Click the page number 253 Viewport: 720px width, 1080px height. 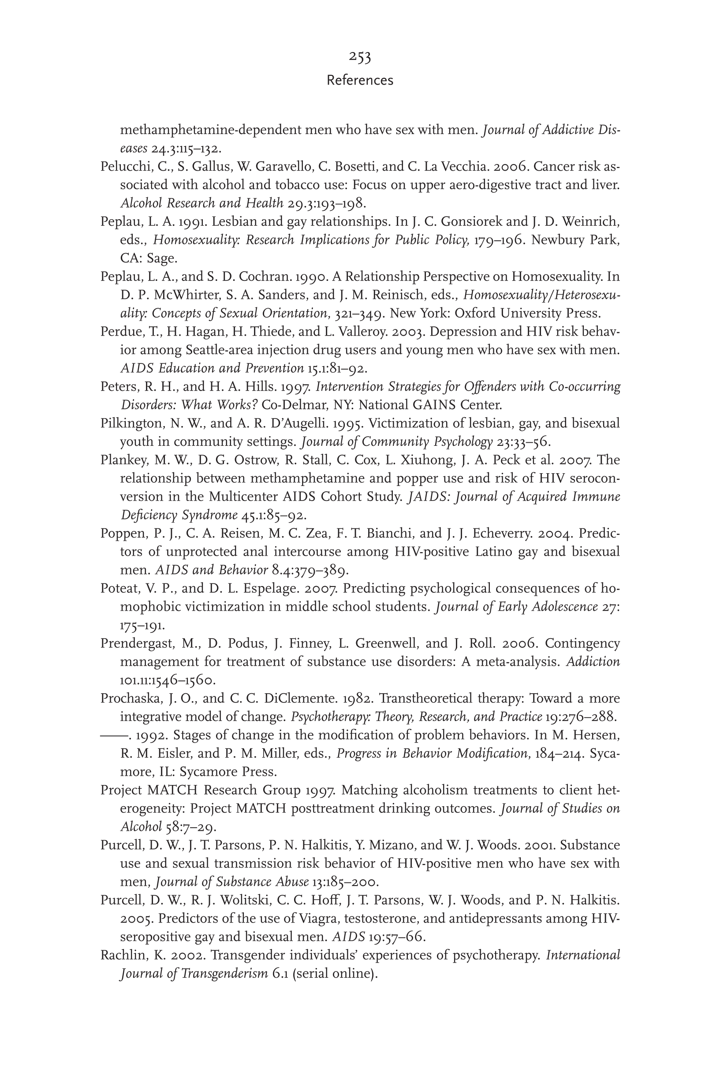[x=359, y=57]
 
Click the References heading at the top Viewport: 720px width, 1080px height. [x=359, y=80]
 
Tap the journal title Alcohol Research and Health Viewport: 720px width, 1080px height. [x=201, y=203]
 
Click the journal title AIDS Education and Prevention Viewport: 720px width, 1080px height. [x=212, y=368]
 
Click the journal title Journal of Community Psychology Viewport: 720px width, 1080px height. [x=397, y=442]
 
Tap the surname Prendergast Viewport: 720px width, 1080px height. [x=134, y=643]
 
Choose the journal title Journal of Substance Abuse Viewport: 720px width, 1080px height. [x=232, y=882]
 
